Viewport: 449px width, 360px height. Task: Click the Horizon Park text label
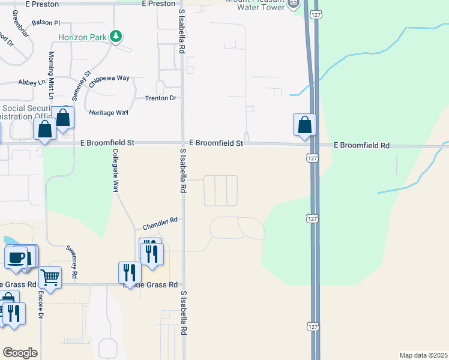point(83,37)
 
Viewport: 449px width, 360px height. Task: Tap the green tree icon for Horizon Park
point(116,37)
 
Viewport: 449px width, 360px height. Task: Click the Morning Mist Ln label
point(52,76)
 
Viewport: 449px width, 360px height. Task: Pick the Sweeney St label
point(80,85)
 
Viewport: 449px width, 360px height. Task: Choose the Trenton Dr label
point(161,98)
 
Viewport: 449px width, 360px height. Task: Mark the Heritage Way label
point(109,112)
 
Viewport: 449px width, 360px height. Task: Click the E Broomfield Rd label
point(362,145)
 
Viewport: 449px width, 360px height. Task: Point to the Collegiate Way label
point(116,170)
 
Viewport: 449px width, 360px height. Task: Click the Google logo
point(20,353)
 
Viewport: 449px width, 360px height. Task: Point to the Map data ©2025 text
point(423,355)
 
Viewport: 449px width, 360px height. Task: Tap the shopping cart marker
point(50,277)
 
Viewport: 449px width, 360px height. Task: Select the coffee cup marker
point(16,257)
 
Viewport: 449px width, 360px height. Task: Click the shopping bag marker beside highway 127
point(305,125)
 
